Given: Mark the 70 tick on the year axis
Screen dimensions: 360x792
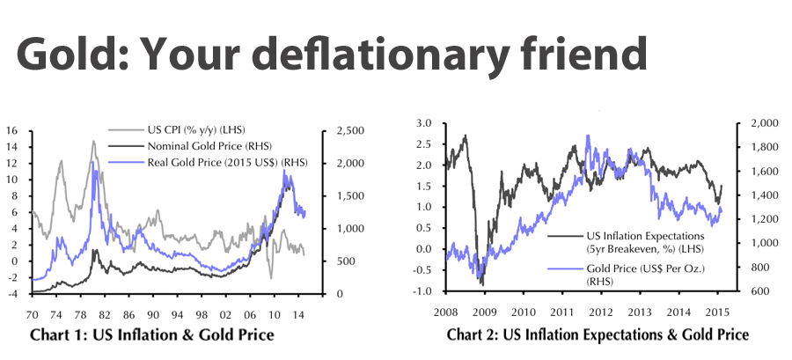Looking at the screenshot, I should (33, 314).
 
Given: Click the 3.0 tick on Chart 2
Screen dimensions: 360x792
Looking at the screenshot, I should (425, 123).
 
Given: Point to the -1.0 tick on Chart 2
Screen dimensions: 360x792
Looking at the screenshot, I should (423, 291).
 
